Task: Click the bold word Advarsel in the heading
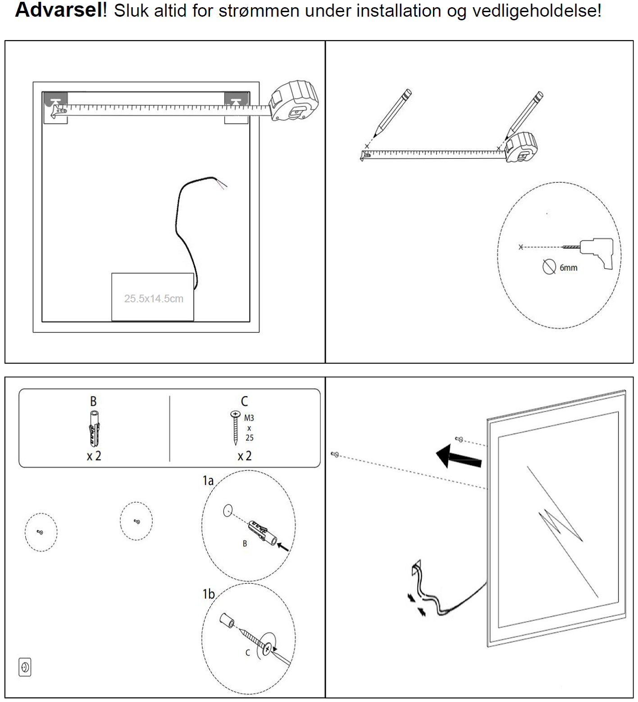(x=59, y=10)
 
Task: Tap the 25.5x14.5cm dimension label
(x=154, y=299)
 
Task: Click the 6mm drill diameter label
(x=568, y=268)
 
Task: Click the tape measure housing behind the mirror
(x=294, y=101)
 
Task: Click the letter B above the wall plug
(x=93, y=401)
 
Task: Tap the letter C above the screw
(x=244, y=401)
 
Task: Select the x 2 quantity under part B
(x=94, y=456)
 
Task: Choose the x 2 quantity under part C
(x=244, y=456)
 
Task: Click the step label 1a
(x=208, y=481)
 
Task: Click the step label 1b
(x=208, y=594)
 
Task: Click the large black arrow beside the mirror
(x=457, y=457)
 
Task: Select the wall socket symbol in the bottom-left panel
(x=25, y=667)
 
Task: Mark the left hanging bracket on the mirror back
(x=55, y=100)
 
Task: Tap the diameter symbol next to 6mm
(x=549, y=267)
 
